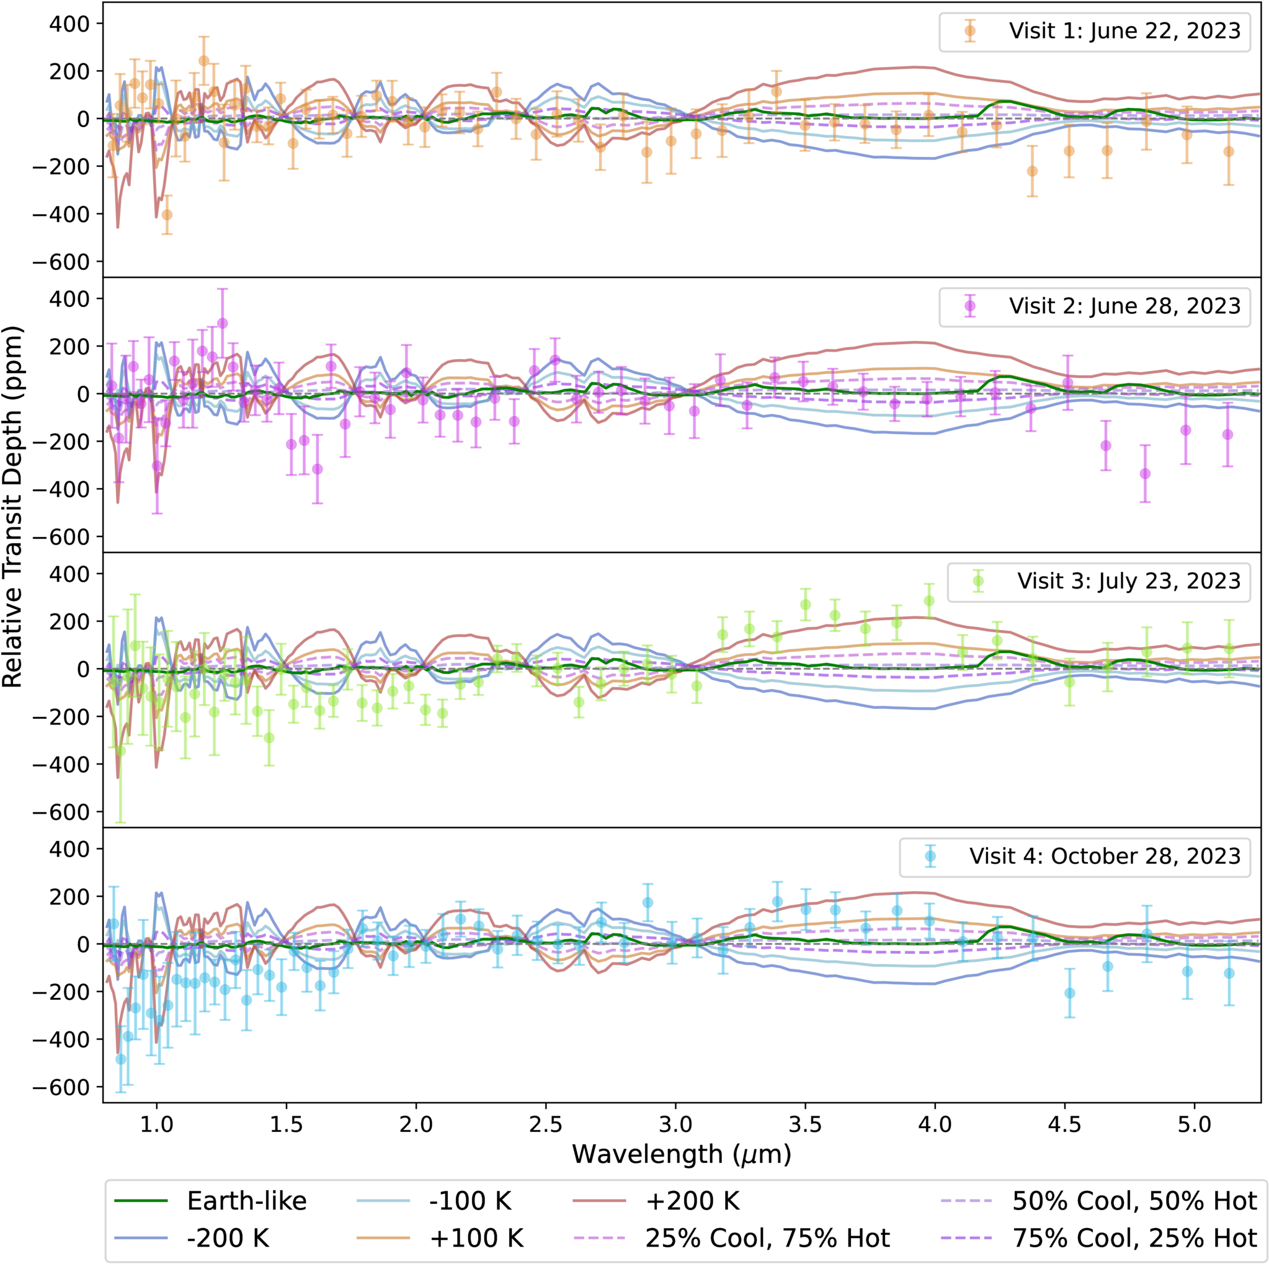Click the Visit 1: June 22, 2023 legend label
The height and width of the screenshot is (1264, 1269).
1124,31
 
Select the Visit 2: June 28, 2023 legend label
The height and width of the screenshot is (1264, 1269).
1124,306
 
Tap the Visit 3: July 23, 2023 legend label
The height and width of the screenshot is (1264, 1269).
1129,581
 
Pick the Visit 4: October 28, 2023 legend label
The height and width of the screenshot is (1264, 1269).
1105,856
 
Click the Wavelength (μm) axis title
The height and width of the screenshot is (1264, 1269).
682,1154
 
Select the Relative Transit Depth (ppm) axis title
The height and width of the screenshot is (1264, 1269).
12,507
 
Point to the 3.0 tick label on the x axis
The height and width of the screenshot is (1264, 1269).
676,1124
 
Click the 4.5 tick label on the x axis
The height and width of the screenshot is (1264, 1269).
1065,1124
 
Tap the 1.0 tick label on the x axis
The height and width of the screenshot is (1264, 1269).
156,1124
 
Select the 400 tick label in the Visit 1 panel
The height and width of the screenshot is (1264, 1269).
69,24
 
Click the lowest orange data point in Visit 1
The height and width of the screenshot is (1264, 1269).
167,215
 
